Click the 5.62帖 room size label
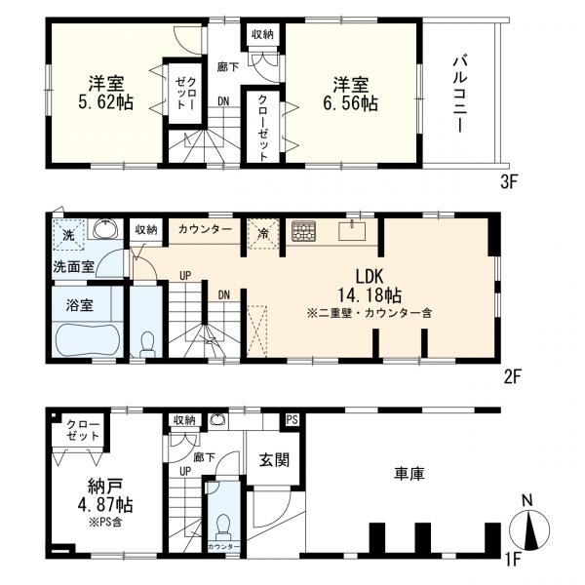point(105,101)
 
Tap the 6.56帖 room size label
point(351,102)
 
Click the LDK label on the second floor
point(369,277)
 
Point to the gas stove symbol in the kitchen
point(303,230)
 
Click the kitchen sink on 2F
point(351,230)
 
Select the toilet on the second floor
point(147,344)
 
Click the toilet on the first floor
point(224,526)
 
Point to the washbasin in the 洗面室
point(106,228)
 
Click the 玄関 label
point(274,460)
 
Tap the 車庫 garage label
point(409,474)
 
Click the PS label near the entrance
point(292,420)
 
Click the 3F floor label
point(508,182)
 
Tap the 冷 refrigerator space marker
point(263,234)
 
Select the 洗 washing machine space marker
point(68,235)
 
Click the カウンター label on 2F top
point(205,229)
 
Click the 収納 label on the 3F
point(262,35)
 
